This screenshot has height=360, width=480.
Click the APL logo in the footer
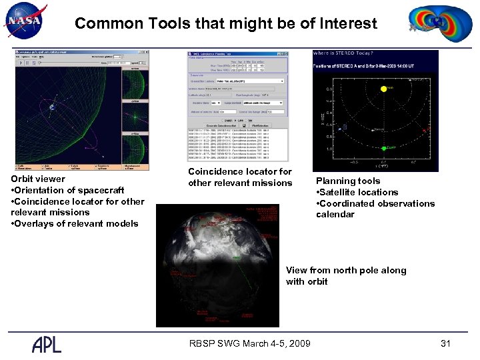(x=47, y=343)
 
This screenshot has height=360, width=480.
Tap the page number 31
(x=446, y=343)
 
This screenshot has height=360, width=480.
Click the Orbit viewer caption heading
(x=39, y=179)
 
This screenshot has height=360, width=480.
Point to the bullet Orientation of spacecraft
(x=67, y=190)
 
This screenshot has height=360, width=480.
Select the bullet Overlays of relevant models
(x=75, y=223)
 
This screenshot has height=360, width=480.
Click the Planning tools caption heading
(x=348, y=181)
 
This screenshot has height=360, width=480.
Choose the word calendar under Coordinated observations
(x=335, y=215)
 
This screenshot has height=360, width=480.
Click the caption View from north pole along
(x=346, y=270)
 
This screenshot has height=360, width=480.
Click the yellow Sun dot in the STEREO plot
(x=383, y=89)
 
